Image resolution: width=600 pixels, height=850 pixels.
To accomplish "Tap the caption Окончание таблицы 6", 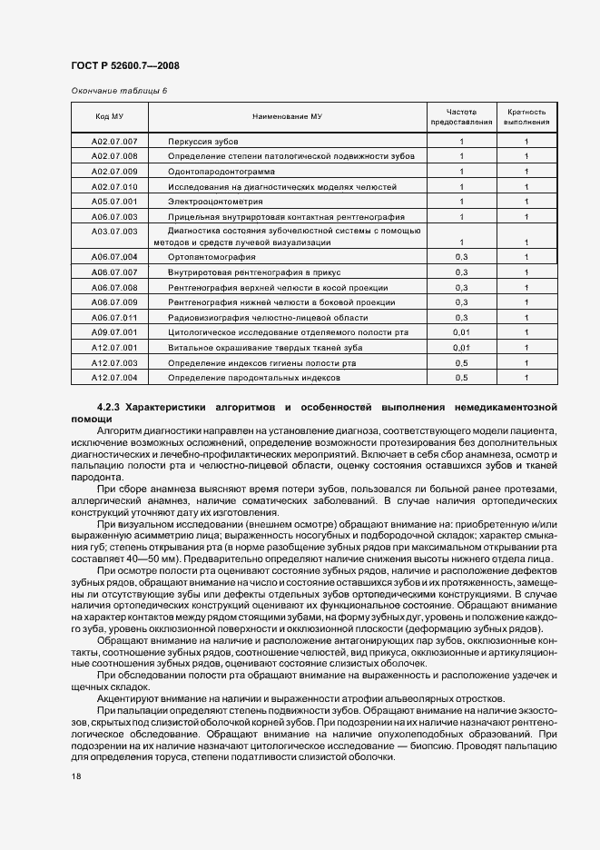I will pos(119,90).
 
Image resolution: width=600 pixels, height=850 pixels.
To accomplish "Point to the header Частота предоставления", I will pos(461,116).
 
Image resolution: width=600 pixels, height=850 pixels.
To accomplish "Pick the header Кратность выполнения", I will pos(526,116).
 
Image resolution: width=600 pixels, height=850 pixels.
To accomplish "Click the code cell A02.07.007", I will pos(114,143).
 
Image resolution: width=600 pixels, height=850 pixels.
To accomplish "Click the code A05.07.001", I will pos(114,201).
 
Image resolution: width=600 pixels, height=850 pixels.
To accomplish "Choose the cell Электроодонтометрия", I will pos(215,201).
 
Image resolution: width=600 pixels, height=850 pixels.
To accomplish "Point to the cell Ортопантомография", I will pos(211,258).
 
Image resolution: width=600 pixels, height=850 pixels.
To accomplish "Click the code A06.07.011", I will pos(114,318).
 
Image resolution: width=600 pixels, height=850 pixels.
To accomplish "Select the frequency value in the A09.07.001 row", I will pos(461,332).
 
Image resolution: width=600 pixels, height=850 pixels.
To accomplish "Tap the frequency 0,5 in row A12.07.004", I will pos(461,377).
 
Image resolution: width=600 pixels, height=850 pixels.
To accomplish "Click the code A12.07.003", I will pos(114,362).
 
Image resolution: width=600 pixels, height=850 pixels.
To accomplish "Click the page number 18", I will pos(75,776).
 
